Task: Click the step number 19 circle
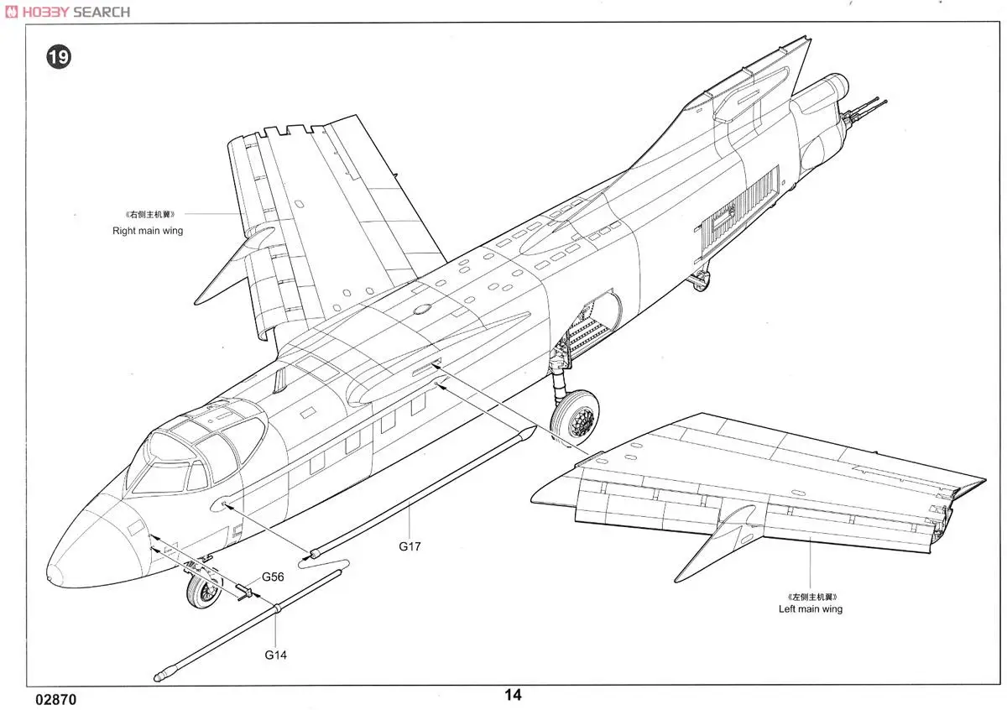(59, 57)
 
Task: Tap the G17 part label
(410, 546)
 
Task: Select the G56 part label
(274, 577)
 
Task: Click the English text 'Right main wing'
(148, 230)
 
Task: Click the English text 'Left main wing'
(810, 609)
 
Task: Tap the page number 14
(513, 695)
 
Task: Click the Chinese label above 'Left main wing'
(810, 596)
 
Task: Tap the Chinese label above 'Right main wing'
(148, 215)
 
